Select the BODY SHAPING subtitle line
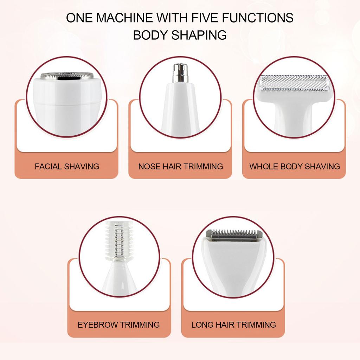[x=180, y=35]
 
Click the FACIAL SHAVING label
[x=67, y=166]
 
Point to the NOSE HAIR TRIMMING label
[x=180, y=166]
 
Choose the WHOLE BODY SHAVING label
[x=295, y=166]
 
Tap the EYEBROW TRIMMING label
[x=119, y=324]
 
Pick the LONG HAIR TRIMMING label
[x=233, y=324]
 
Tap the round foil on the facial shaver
[x=67, y=75]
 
